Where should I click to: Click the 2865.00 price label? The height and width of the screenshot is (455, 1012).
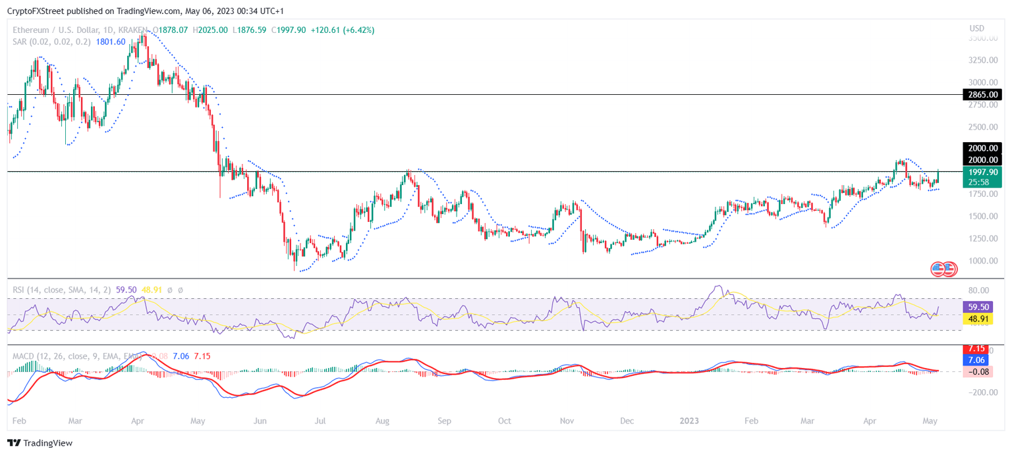pos(982,95)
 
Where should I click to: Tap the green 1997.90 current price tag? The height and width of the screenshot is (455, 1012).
pos(982,171)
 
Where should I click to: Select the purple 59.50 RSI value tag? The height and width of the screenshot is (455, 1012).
pos(982,307)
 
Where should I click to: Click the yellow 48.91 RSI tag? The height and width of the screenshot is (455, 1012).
pos(982,319)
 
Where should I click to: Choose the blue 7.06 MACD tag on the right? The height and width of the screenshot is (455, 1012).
pos(982,360)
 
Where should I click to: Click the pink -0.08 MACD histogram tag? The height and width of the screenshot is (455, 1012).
pos(982,372)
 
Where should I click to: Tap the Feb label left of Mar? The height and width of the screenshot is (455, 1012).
pos(20,420)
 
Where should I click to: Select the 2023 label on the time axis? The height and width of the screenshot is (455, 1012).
pos(690,420)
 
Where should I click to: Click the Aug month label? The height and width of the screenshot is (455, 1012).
pos(382,420)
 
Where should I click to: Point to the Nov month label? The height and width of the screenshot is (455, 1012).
pos(567,420)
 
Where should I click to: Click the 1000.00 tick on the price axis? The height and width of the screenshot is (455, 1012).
pos(984,261)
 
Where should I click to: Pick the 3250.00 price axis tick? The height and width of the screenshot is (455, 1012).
pos(984,60)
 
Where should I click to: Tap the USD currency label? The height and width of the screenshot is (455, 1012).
pos(977,28)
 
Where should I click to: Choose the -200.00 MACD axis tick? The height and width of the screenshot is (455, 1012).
pos(984,392)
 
